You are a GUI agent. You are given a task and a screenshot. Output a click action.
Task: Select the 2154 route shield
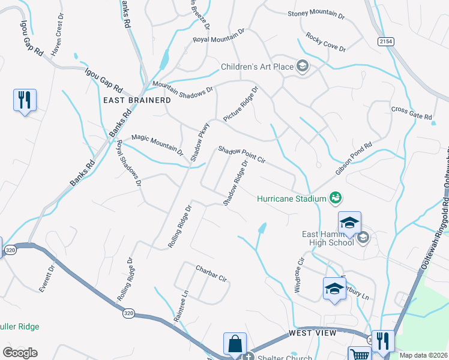pyautogui.click(x=387, y=41)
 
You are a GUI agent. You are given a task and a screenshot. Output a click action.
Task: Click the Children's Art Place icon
pyautogui.click(x=303, y=67)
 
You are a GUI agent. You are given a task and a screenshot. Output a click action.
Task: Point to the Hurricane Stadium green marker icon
pyautogui.click(x=336, y=197)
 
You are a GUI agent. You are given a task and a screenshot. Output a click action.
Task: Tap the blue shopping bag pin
pyautogui.click(x=235, y=344)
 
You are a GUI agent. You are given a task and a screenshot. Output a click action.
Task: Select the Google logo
pyautogui.click(x=20, y=352)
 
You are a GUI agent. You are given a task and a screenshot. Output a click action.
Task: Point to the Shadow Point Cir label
pyautogui.click(x=241, y=154)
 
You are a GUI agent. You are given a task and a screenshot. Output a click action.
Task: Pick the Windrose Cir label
pyautogui.click(x=300, y=275)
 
